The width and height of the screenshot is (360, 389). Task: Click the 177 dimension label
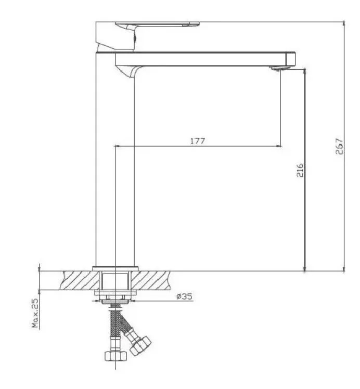(198, 141)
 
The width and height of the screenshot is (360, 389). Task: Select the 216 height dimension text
(300, 170)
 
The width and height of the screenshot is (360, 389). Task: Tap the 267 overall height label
(339, 147)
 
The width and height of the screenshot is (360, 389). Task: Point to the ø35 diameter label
(184, 296)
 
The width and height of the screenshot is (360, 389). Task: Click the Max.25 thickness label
(35, 313)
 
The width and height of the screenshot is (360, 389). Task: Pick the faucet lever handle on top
(157, 24)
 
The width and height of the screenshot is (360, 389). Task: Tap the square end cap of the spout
(290, 58)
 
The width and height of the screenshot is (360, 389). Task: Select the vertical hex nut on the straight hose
(115, 356)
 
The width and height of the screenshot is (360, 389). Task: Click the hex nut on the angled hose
(140, 346)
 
